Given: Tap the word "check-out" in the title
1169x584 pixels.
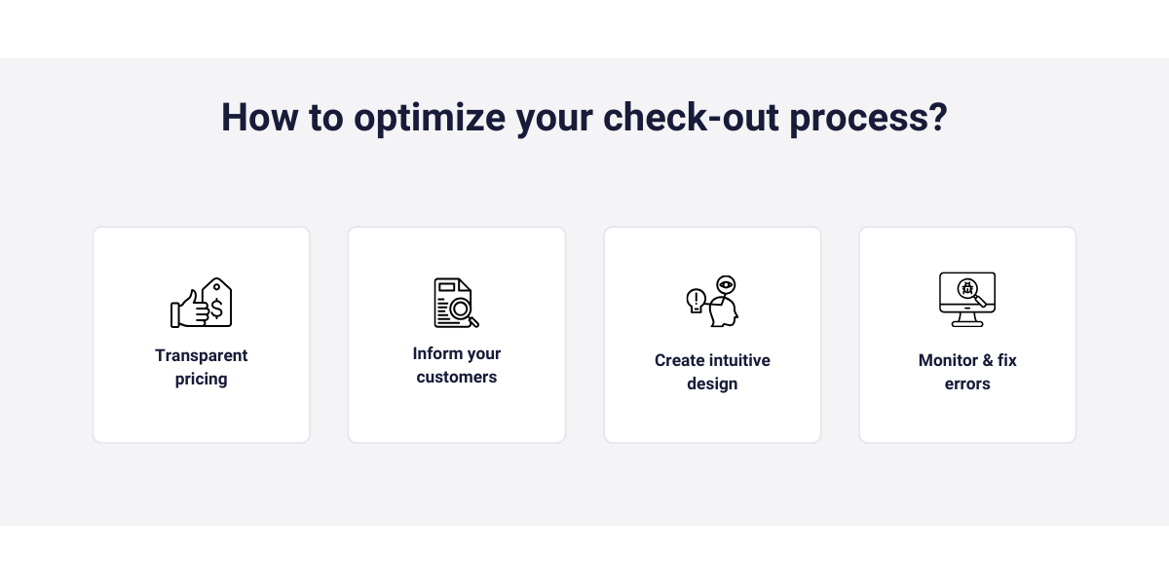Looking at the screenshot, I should pyautogui.click(x=690, y=118).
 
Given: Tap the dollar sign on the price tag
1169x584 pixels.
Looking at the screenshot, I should pyautogui.click(x=216, y=309).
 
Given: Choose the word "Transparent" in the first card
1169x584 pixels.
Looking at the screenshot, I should pyautogui.click(x=202, y=355).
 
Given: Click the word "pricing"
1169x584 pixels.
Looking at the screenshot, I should pyautogui.click(x=202, y=379).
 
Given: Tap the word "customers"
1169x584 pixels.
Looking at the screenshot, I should pyautogui.click(x=457, y=377).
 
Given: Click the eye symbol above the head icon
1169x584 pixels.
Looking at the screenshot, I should pyautogui.click(x=725, y=284).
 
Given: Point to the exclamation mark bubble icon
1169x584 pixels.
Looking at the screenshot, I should pyautogui.click(x=696, y=299).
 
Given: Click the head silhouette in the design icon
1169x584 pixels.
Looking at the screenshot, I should pyautogui.click(x=724, y=310).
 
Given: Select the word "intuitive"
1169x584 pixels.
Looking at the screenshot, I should pyautogui.click(x=739, y=360).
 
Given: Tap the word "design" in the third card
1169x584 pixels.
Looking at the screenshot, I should pyautogui.click(x=712, y=383).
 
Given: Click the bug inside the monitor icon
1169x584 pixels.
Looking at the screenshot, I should pyautogui.click(x=967, y=288).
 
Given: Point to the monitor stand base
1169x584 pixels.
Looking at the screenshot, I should pyautogui.click(x=967, y=323).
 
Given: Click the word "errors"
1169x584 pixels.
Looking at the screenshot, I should pyautogui.click(x=967, y=383).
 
